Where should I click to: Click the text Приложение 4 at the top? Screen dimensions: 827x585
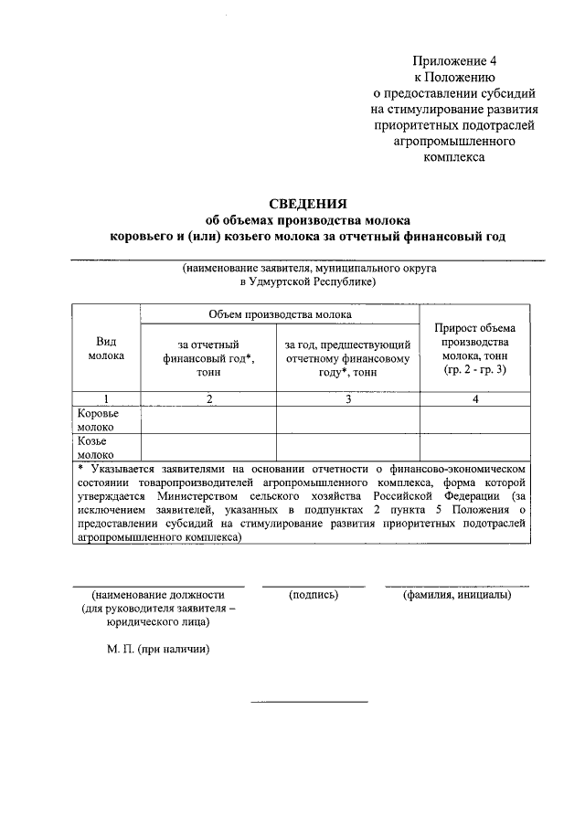point(452,60)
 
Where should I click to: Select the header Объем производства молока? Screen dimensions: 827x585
point(280,313)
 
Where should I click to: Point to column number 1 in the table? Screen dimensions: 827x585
point(106,398)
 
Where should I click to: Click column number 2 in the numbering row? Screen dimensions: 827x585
point(208,398)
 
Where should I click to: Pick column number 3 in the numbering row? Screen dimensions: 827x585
point(347,398)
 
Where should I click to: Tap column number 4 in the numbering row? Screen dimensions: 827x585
point(475,398)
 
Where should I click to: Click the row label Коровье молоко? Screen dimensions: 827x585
point(97,419)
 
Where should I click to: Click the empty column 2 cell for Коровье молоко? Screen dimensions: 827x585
point(208,419)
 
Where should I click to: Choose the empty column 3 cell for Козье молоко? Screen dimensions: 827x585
point(347,447)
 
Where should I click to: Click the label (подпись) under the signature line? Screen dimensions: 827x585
point(314,595)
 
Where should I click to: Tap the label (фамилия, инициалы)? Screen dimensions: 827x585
point(457,595)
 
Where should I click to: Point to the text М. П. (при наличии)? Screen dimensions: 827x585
point(157,649)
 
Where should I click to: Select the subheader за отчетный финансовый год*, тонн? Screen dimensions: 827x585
point(208,358)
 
